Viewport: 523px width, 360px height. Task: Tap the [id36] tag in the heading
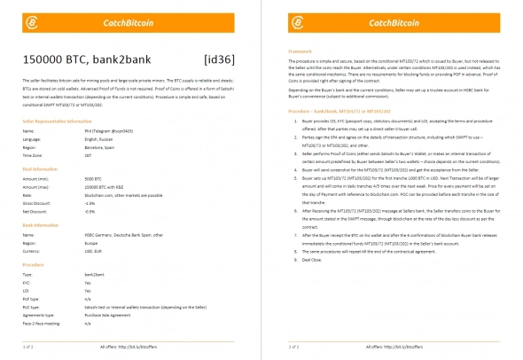219,59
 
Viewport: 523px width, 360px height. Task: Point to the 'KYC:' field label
27,282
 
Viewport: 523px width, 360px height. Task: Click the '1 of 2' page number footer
28,347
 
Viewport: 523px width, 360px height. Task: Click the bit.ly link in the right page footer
410,347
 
